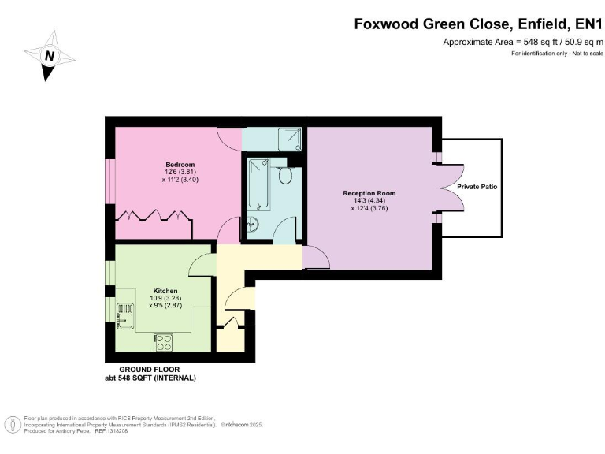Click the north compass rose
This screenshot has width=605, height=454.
click(x=50, y=55)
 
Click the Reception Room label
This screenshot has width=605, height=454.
click(x=369, y=193)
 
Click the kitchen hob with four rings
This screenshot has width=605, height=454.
click(x=164, y=342)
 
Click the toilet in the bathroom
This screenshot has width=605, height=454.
click(x=285, y=174)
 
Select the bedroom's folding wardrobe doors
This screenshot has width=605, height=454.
click(x=154, y=216)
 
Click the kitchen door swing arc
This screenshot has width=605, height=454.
click(x=203, y=266)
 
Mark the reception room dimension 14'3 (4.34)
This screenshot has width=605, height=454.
click(x=369, y=201)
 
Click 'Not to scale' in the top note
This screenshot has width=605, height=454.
click(x=585, y=53)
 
